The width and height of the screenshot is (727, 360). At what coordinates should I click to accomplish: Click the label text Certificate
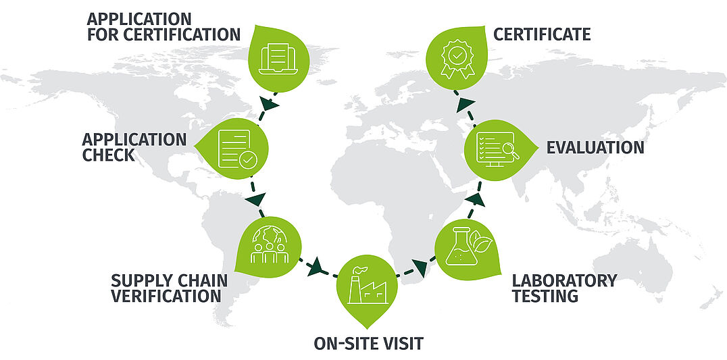(542, 34)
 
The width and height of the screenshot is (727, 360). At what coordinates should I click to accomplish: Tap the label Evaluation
(595, 147)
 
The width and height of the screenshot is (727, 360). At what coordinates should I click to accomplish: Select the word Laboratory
(564, 280)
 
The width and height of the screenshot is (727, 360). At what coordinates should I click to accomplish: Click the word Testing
(545, 296)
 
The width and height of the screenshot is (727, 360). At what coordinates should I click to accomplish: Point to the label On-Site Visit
(368, 343)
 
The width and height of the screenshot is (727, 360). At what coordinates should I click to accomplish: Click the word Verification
(166, 296)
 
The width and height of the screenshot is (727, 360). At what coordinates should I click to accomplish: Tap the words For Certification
(164, 34)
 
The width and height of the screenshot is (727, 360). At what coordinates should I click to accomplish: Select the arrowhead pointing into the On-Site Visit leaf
(314, 268)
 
